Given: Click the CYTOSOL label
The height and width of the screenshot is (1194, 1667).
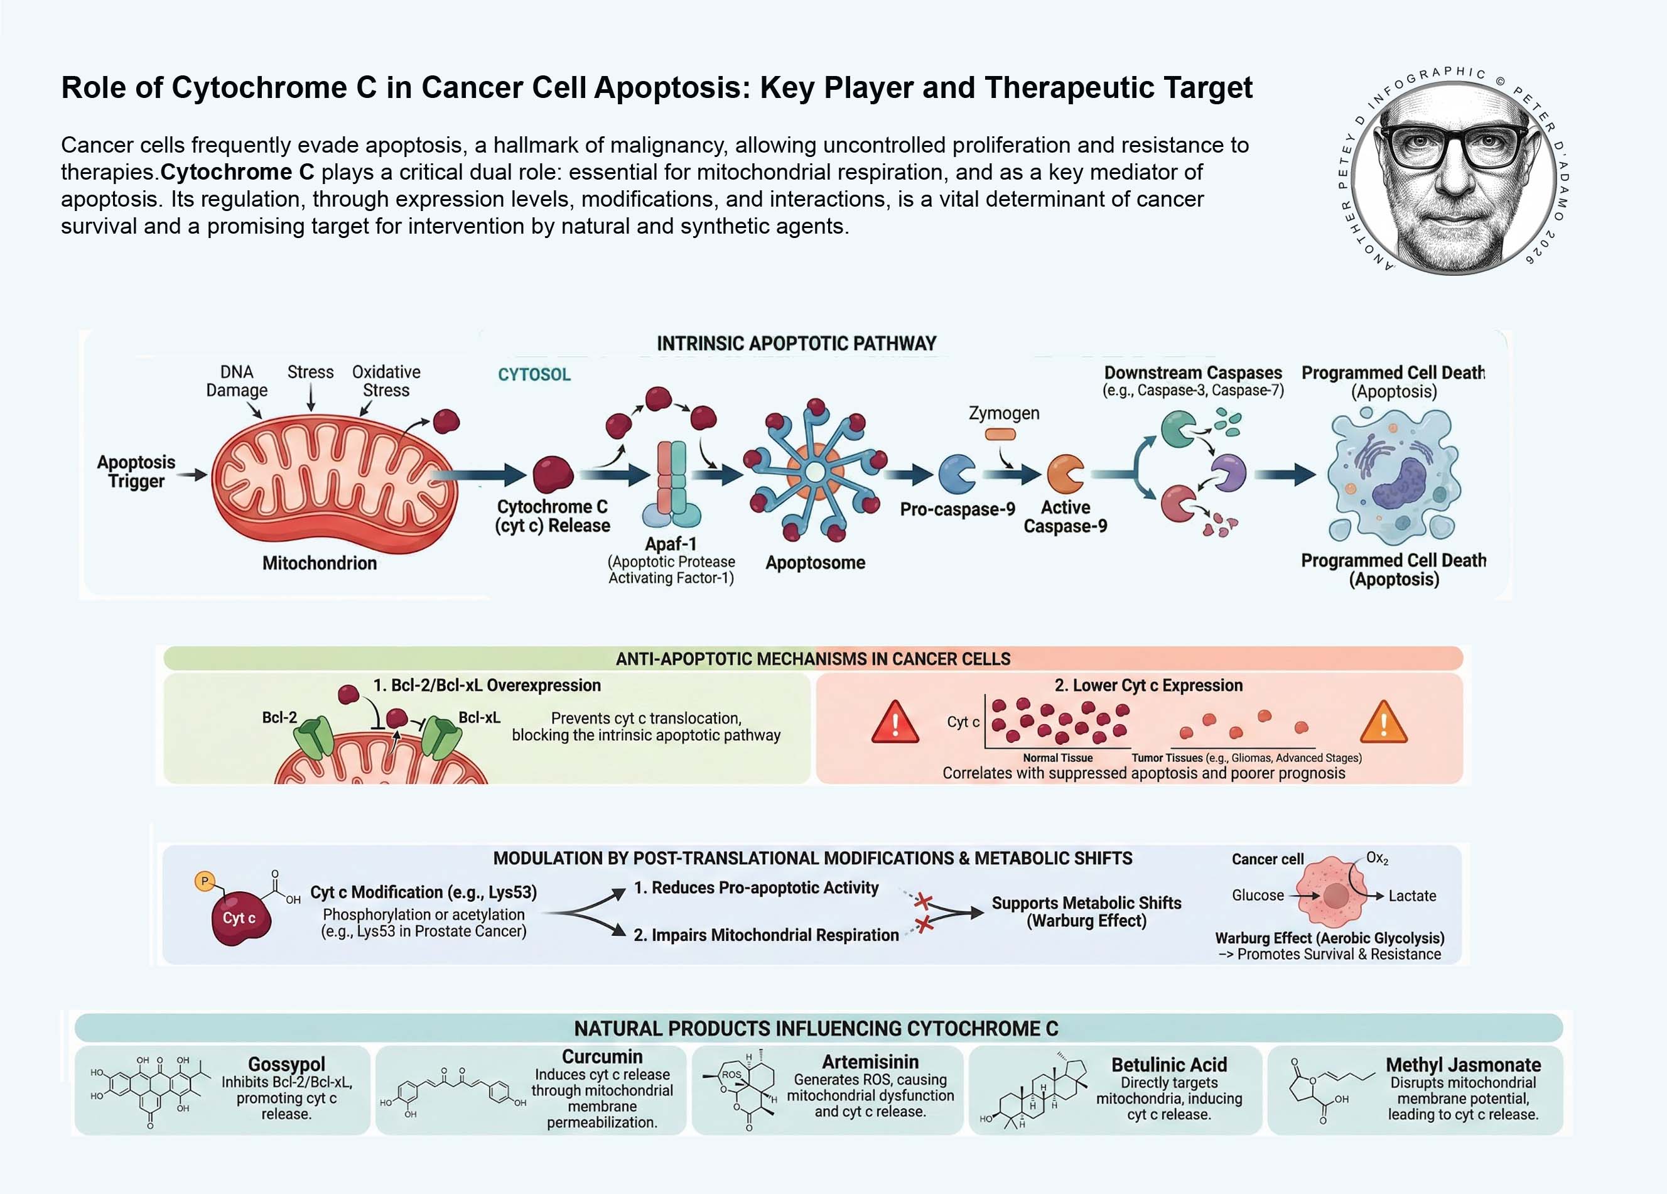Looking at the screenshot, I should point(534,374).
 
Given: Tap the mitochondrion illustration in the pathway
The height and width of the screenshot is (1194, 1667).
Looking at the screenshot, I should point(335,482).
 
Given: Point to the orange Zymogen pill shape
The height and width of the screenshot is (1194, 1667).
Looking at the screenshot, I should point(1000,435).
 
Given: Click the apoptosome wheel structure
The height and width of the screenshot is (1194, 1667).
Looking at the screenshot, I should point(814,471).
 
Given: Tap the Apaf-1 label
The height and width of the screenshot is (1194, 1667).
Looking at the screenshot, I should point(671,544).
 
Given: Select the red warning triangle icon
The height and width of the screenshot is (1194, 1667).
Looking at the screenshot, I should point(895,724).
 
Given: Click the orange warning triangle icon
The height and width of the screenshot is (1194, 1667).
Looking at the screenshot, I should point(1383,724).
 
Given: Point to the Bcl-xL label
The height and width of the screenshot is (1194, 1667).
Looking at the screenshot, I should point(479,717).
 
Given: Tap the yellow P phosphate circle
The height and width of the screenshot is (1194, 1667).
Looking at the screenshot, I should point(204,881).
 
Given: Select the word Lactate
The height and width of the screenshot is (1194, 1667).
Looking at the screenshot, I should point(1412,896).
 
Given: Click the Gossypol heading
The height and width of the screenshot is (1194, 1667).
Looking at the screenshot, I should point(287,1064).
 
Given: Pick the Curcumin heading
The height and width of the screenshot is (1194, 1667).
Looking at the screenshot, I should point(602,1056).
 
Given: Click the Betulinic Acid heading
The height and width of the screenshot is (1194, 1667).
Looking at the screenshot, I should point(1168,1065).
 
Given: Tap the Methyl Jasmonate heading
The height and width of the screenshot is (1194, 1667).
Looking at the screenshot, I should point(1463,1065).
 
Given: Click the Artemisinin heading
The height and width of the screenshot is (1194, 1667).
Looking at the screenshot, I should point(870,1061).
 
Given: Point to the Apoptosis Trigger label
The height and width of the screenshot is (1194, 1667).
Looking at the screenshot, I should point(137,471).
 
